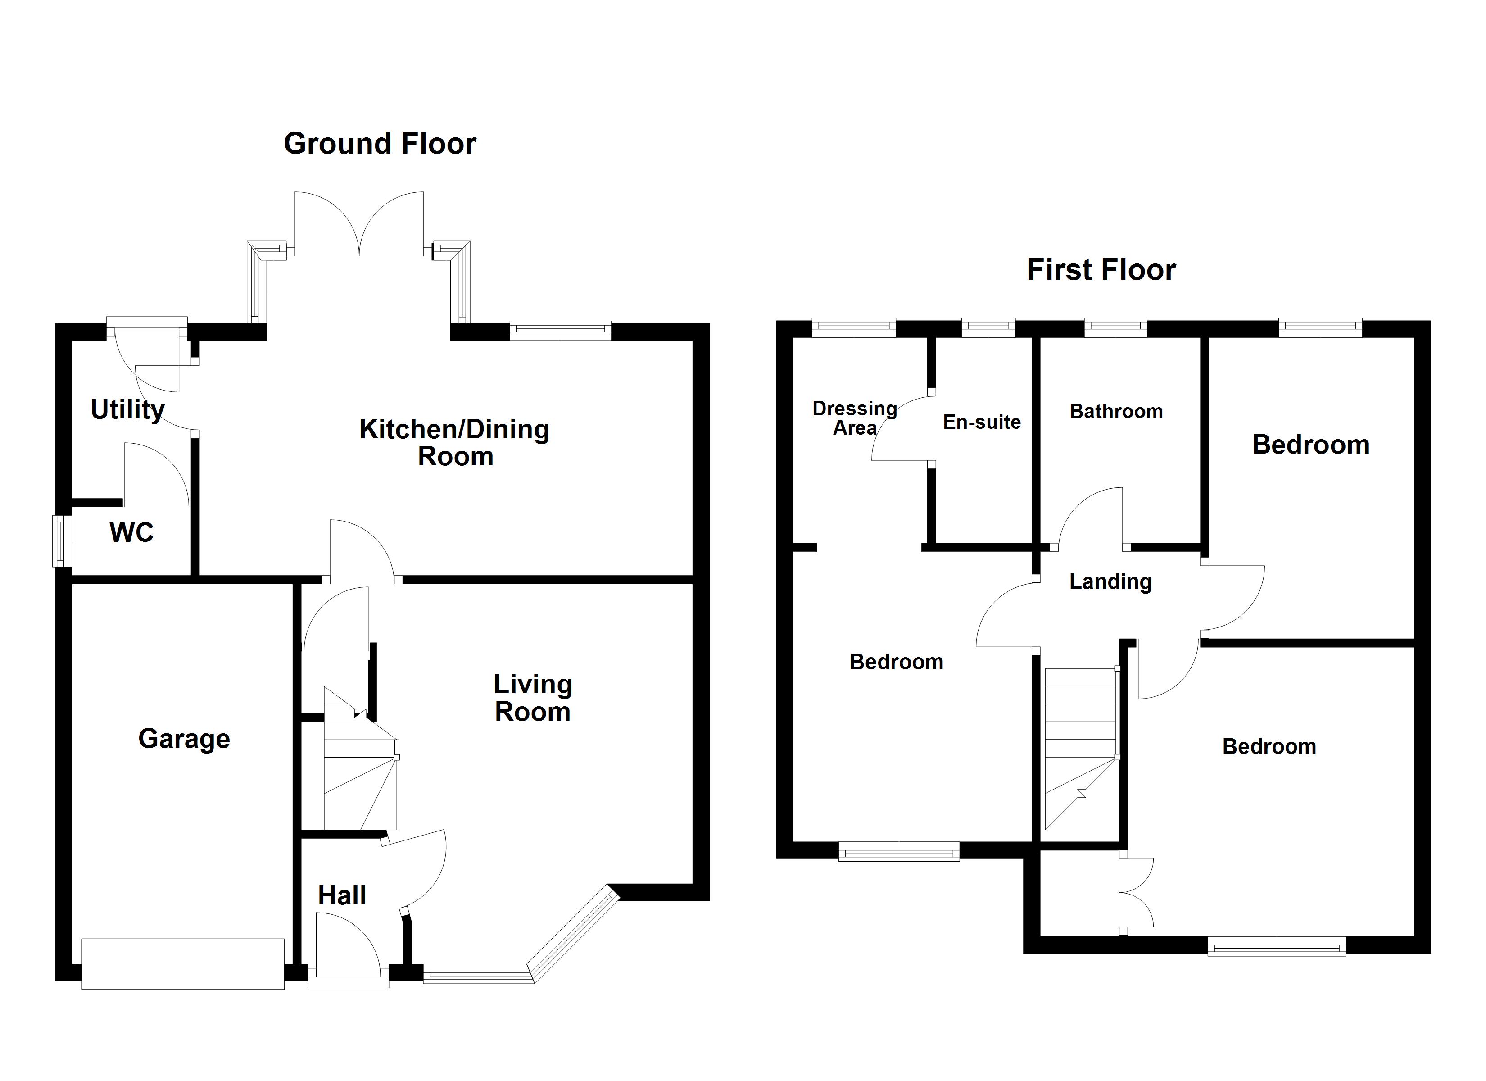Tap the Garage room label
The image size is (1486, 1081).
point(184,739)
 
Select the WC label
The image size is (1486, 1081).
point(131,532)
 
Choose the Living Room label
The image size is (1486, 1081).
point(533,698)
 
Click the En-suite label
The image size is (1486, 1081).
point(982,422)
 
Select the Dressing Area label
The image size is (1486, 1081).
point(854,418)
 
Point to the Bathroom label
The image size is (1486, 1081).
point(1116,412)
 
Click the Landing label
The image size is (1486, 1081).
point(1110,581)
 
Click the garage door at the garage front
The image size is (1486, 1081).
point(183,963)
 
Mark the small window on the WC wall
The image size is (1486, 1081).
point(61,541)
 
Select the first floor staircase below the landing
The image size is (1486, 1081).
point(1080,754)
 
